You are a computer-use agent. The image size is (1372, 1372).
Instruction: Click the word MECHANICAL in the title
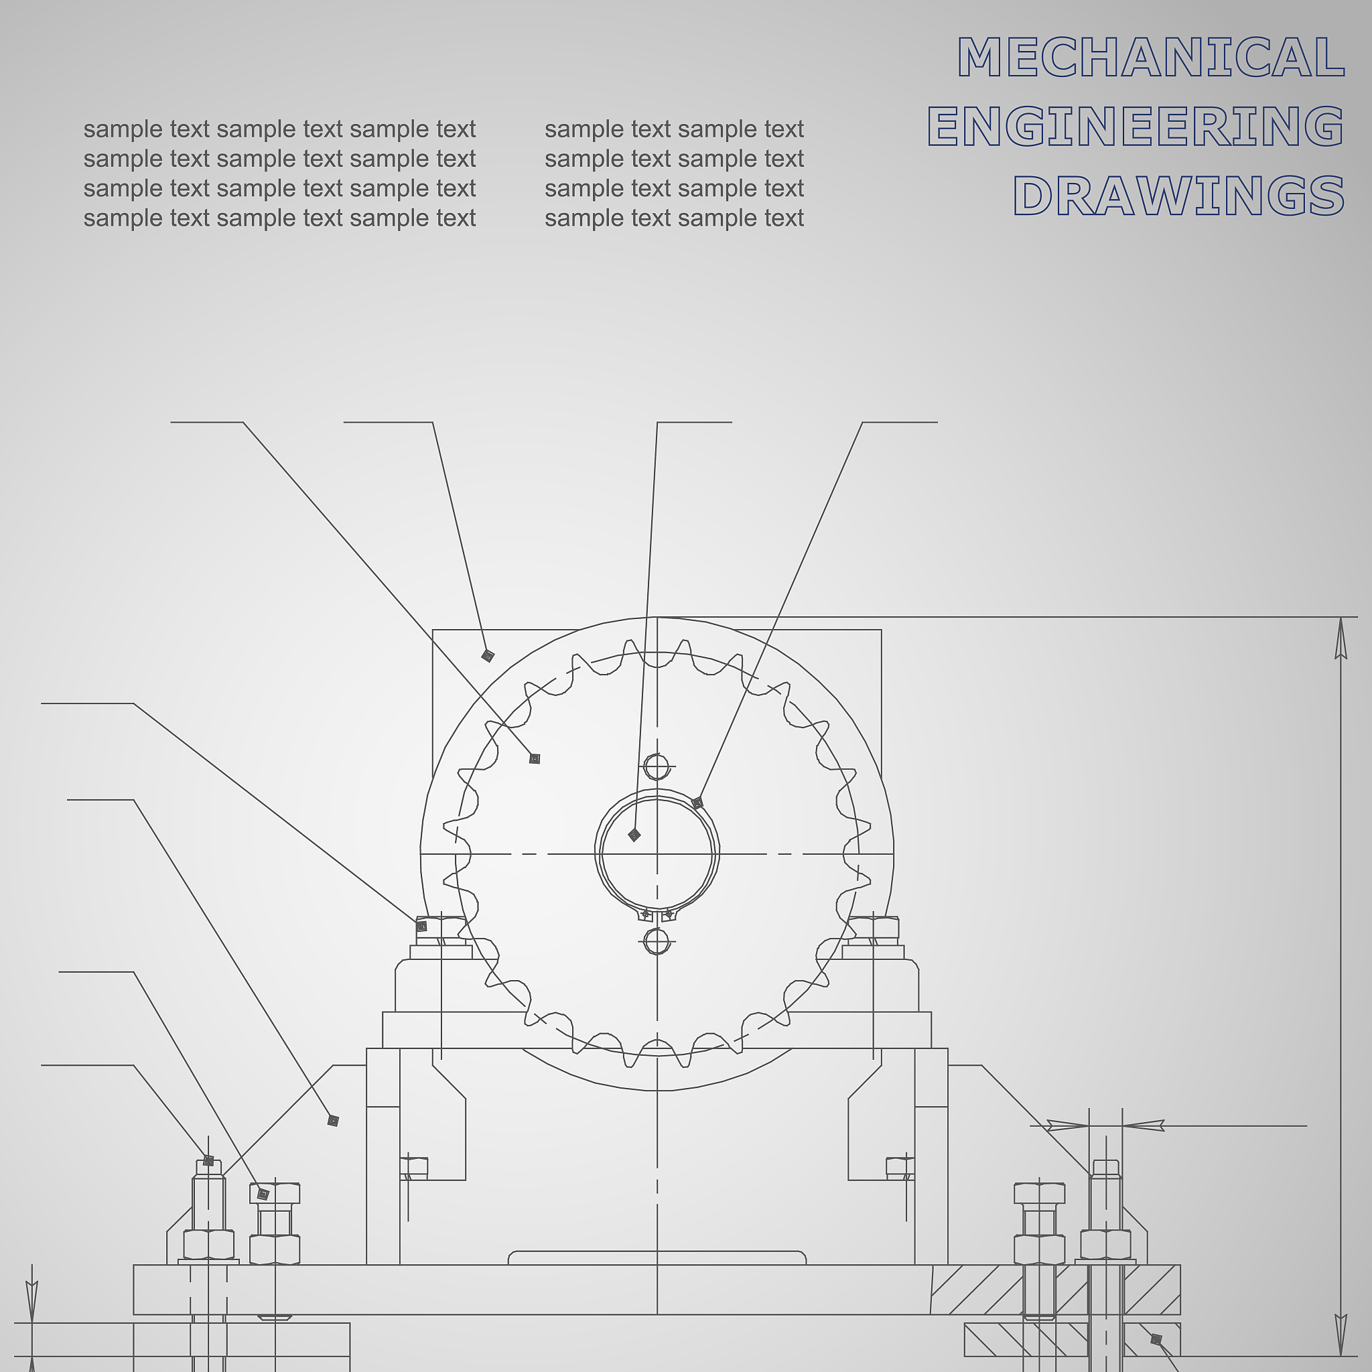pyautogui.click(x=1150, y=57)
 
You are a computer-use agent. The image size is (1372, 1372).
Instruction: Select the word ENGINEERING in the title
pyautogui.click(x=1136, y=126)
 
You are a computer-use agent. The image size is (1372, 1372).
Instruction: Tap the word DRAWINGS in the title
pyautogui.click(x=1178, y=196)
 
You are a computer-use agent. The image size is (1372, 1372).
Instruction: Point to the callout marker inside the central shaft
pyautogui.click(x=634, y=835)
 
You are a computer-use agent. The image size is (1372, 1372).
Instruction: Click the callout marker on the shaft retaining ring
pyautogui.click(x=697, y=803)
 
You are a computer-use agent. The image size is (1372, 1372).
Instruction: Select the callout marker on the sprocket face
pyautogui.click(x=535, y=758)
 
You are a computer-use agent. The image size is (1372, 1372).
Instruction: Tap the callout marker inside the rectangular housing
pyautogui.click(x=487, y=655)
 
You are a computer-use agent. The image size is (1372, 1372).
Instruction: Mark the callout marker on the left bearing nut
pyautogui.click(x=421, y=926)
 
